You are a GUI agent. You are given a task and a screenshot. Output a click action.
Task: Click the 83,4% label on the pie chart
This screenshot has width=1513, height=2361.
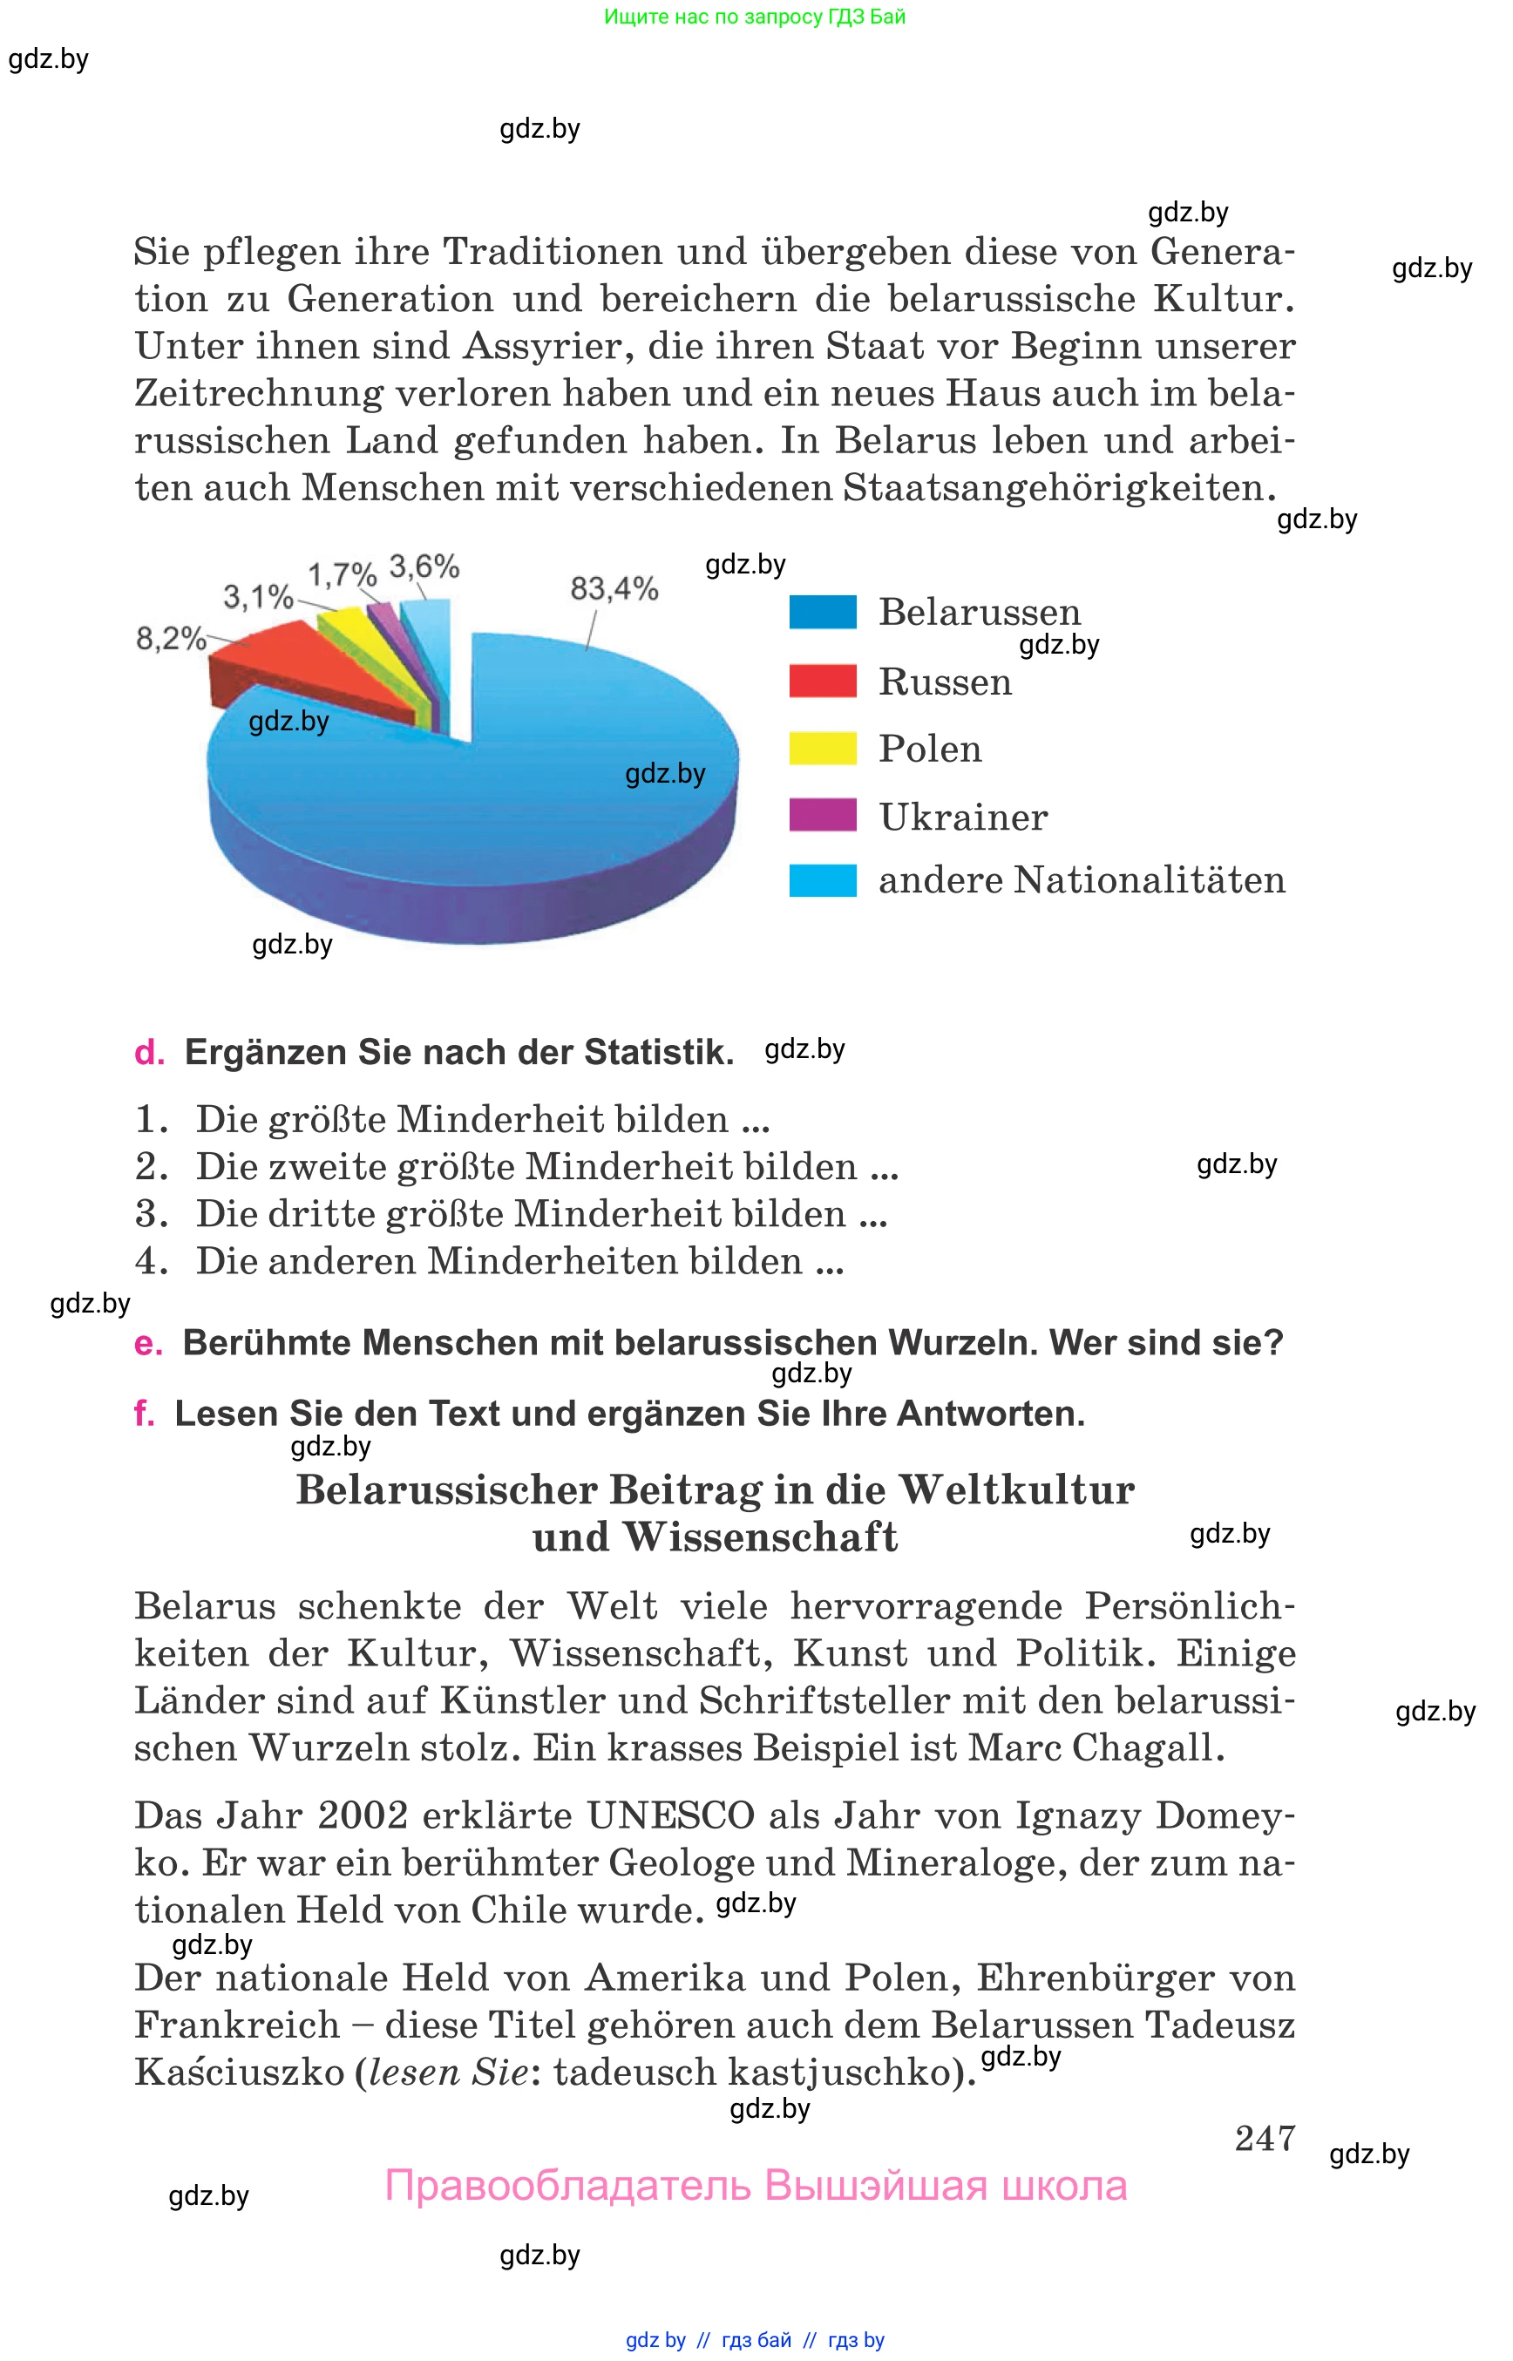614,589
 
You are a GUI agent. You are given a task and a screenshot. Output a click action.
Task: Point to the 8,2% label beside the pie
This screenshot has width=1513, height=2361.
170,640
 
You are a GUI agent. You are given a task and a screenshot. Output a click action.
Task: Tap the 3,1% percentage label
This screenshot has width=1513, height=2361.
257,596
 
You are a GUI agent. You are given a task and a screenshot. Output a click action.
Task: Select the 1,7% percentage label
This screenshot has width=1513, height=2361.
342,574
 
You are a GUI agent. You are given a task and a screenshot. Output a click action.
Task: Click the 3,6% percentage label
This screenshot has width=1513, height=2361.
424,567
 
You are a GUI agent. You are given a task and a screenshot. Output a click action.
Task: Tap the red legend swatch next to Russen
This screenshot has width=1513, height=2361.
823,681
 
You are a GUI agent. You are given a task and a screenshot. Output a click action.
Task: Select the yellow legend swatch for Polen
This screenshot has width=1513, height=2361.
823,749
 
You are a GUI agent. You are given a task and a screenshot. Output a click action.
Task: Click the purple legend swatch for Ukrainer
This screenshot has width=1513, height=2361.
823,816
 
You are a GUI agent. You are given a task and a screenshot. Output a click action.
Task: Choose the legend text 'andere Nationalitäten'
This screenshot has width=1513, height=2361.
1081,880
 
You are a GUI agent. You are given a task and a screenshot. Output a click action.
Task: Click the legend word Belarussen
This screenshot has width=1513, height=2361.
979,612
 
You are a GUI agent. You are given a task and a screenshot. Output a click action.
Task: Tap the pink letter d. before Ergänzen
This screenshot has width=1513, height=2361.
149,1052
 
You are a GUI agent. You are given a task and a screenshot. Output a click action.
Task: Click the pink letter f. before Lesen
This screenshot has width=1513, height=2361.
144,1414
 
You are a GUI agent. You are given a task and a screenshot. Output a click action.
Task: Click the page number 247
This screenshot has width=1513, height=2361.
1265,2138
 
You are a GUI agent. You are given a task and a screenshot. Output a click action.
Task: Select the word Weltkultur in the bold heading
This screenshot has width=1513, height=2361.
1016,1490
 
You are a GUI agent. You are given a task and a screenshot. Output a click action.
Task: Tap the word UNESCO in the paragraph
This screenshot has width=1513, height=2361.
670,1815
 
